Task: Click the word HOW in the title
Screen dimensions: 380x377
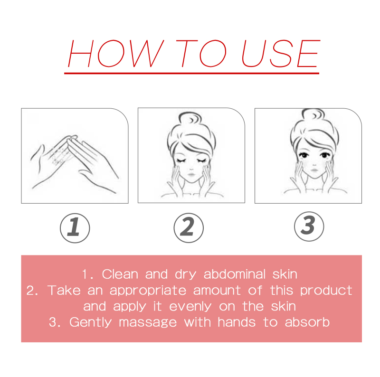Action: [116, 53]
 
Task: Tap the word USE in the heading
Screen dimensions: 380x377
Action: [281, 53]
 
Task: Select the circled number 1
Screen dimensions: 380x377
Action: [75, 228]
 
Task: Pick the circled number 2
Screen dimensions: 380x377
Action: [189, 228]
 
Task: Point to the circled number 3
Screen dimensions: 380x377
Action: [309, 226]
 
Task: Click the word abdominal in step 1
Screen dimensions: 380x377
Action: [235, 274]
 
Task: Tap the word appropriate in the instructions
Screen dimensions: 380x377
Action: [148, 290]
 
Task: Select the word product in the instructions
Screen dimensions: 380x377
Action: [326, 290]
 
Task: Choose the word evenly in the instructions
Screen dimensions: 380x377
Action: [190, 307]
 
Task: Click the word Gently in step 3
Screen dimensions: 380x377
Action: [90, 322]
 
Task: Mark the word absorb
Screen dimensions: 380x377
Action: [307, 322]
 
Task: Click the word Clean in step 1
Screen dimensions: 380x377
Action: [120, 274]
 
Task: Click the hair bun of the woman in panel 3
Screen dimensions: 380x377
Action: [313, 114]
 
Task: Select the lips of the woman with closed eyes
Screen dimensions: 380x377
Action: [191, 174]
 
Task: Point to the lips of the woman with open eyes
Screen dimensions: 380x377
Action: [314, 170]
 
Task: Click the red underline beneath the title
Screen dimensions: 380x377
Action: [192, 73]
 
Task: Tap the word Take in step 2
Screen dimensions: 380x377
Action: [64, 290]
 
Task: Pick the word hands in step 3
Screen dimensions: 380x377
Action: [237, 322]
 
